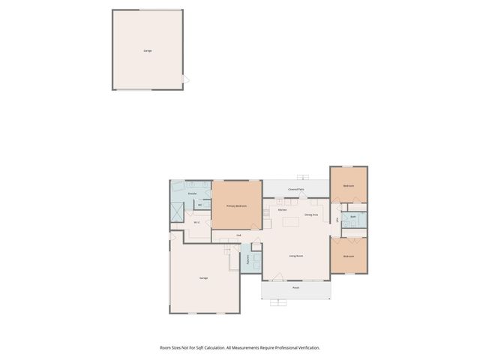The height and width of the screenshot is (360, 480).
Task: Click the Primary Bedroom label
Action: coord(236,205)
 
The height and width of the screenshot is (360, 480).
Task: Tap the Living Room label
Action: coord(295,256)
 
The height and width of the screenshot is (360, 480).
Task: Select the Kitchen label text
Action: coord(282,210)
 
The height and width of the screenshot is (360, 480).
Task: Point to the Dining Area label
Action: coord(312,214)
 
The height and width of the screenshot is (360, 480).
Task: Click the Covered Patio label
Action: coord(295,190)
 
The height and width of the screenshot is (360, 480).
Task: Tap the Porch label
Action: coord(295,287)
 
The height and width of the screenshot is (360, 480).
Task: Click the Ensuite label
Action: coord(192,193)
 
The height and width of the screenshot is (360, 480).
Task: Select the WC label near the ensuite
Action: coord(199,205)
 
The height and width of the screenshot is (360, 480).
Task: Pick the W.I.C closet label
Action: coord(196,222)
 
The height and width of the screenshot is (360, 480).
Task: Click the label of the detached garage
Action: coord(147,51)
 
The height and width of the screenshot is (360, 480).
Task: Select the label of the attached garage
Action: coord(203,278)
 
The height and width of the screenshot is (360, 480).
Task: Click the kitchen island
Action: coord(290,221)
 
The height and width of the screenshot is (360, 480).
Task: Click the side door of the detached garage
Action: coord(187,79)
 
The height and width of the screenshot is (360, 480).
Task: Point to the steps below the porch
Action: coord(278,302)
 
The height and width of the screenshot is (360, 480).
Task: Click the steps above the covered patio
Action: coord(302,177)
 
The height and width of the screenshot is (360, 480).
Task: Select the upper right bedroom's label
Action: coord(348,186)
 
